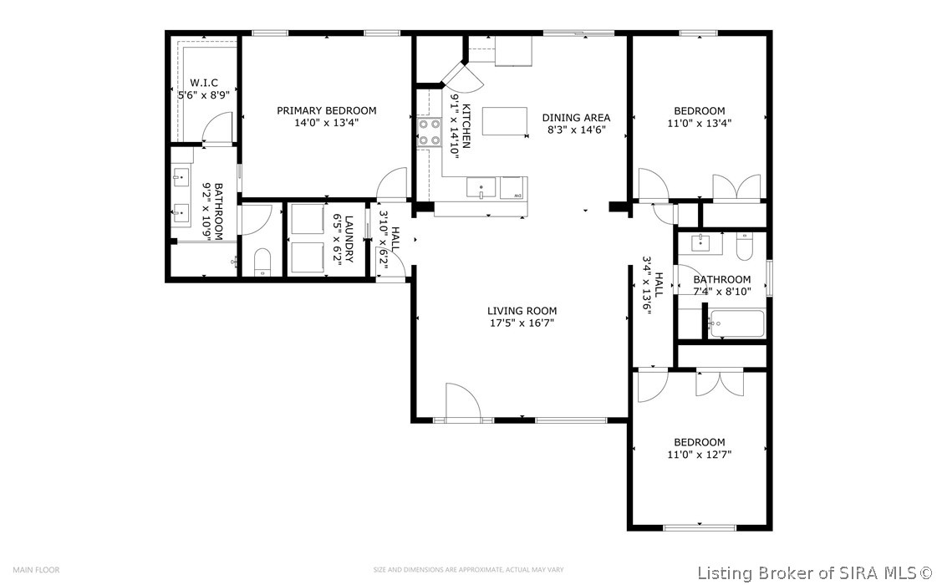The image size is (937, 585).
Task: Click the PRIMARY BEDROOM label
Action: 326,110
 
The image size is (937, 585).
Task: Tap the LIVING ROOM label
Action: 522,311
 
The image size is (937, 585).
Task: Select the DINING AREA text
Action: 576,118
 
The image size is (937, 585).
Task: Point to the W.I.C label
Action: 204,83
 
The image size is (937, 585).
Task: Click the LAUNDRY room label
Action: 349,239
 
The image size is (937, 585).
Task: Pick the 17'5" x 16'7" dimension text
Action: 522,323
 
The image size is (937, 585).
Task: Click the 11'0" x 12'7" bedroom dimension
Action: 699,455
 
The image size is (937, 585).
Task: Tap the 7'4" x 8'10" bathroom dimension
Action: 722,292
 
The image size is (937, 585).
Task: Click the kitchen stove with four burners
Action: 429,132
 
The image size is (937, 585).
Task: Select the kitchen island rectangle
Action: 505,121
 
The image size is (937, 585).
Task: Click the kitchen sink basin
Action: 481,187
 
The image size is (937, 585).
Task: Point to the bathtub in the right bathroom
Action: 736,324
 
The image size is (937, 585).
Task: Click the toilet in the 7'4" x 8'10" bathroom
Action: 744,246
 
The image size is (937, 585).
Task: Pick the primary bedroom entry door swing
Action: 392,184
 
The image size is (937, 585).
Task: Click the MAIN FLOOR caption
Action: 37,569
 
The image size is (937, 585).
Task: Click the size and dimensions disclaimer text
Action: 468,569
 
